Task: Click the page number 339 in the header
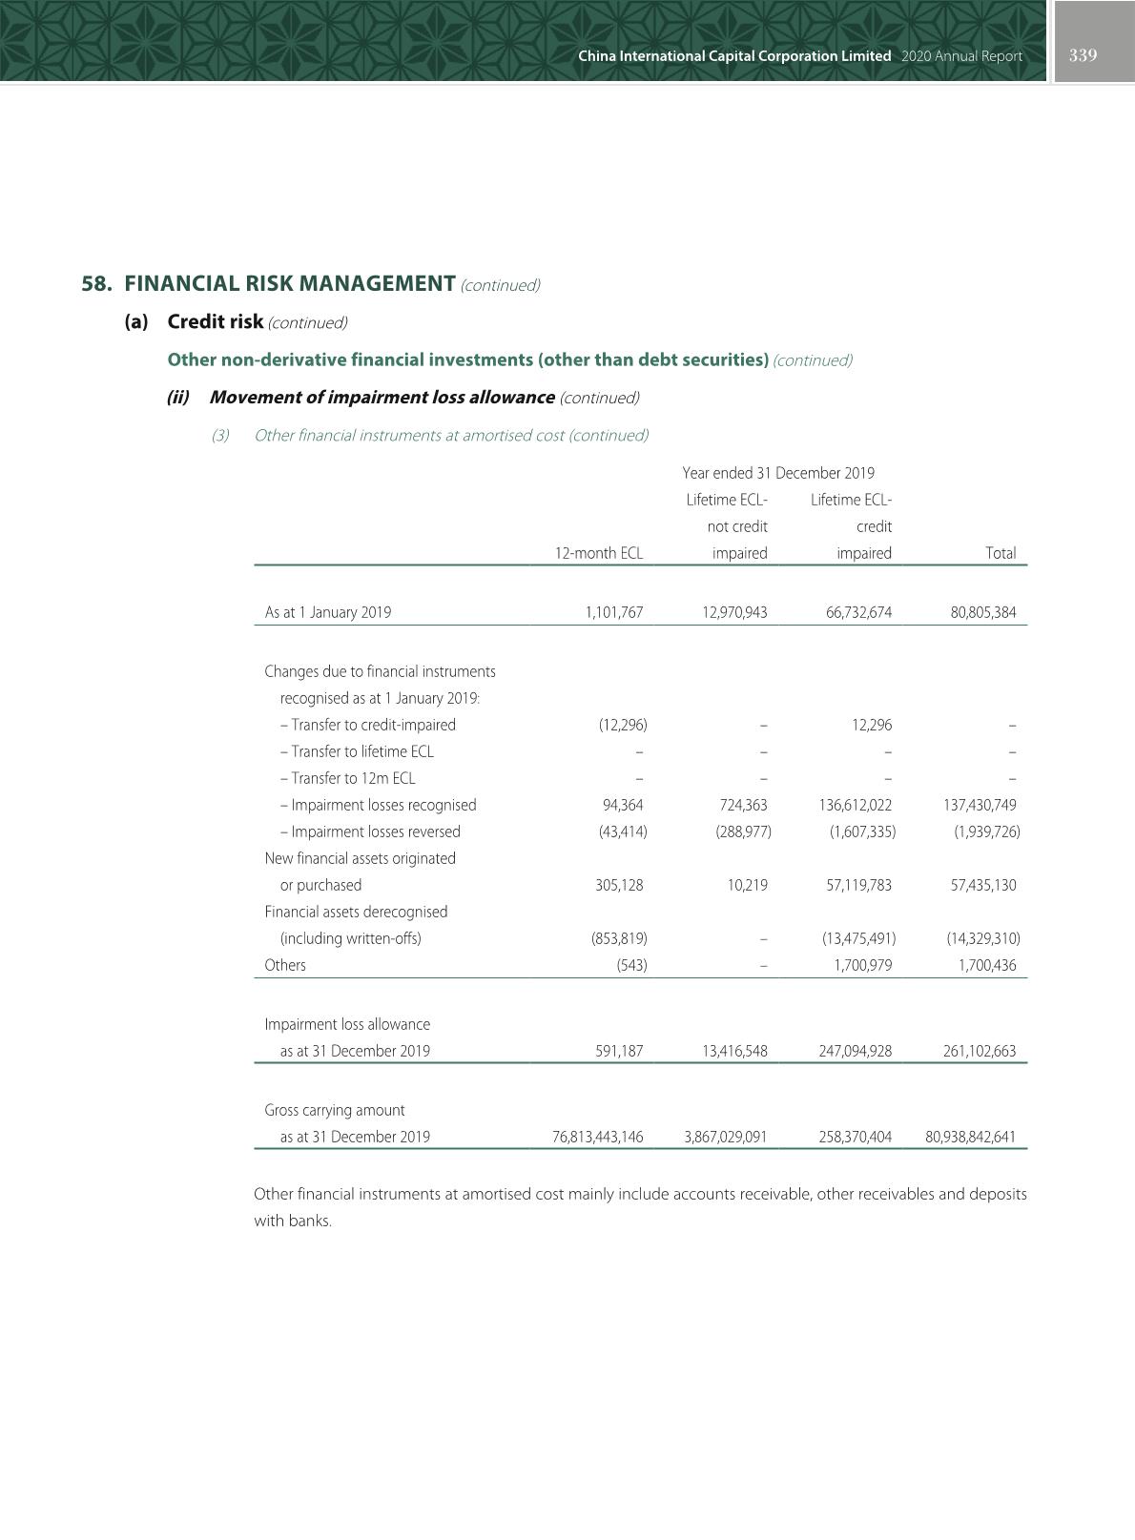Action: tap(1083, 55)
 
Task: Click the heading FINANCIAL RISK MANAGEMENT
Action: tap(290, 283)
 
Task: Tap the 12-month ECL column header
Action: tap(599, 553)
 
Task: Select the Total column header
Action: tap(1000, 553)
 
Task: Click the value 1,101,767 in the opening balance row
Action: tap(614, 612)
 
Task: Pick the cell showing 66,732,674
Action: tap(858, 612)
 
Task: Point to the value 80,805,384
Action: tap(982, 612)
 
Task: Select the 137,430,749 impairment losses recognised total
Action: tap(980, 805)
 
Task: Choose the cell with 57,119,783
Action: tap(858, 885)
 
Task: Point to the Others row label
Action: tap(285, 965)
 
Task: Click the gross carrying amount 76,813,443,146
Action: tap(598, 1137)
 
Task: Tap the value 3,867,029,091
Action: tap(726, 1137)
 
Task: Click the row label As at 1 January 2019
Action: tap(328, 612)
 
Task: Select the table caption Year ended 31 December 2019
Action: tap(778, 473)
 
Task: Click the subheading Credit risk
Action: tap(215, 321)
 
